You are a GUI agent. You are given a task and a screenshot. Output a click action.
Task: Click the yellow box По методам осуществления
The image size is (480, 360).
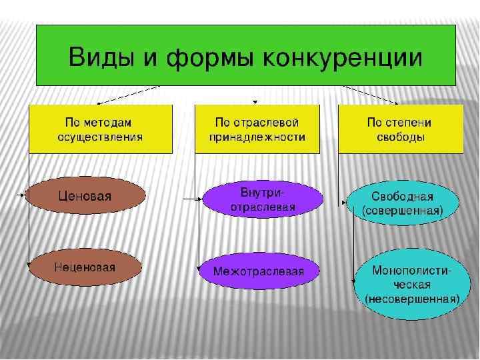click(100, 129)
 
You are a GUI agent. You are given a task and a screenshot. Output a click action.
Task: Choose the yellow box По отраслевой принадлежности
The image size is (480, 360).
click(257, 129)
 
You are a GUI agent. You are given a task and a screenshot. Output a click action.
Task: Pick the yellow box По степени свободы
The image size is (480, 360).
click(401, 129)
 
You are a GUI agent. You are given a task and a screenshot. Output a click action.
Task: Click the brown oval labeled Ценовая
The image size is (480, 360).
click(85, 196)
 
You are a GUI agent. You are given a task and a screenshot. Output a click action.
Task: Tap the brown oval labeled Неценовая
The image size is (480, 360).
click(85, 267)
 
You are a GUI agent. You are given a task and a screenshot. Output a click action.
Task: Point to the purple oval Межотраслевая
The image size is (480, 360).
click(259, 271)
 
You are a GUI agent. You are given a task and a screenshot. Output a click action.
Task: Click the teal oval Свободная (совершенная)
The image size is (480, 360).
click(403, 203)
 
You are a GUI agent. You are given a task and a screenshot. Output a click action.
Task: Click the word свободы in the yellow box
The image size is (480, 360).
click(399, 137)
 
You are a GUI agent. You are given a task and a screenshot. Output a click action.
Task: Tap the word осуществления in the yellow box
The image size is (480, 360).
click(100, 137)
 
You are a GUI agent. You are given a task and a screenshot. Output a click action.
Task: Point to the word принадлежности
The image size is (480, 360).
click(257, 137)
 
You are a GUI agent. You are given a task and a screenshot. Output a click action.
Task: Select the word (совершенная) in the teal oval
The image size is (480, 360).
click(403, 211)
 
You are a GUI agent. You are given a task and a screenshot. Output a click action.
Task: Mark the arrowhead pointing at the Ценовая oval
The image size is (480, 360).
click(25, 195)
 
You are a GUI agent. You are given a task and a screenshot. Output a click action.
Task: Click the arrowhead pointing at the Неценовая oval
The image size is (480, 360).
click(28, 265)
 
